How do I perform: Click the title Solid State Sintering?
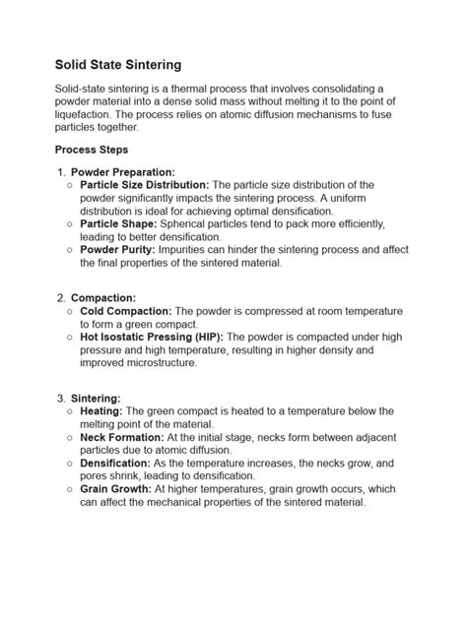coord(117,65)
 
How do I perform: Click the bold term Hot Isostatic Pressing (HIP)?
coord(153,337)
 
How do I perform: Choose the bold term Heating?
coord(100,411)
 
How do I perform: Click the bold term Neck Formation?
coord(121,437)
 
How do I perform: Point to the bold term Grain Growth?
coord(114,489)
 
